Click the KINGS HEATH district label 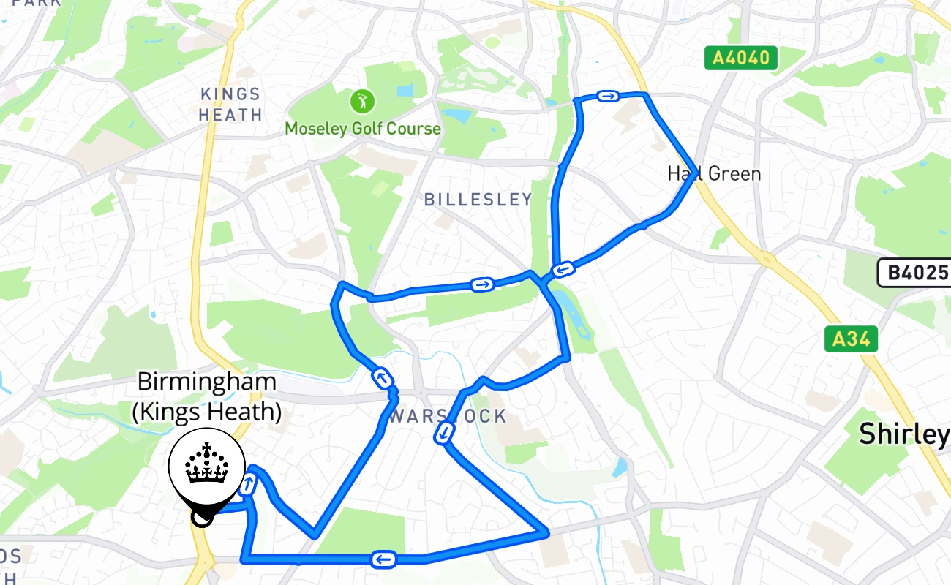230,105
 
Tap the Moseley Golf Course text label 363,129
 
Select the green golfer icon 361,102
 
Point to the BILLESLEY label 478,200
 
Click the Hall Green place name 714,174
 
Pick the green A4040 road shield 741,58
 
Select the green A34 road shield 851,339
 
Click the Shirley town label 904,434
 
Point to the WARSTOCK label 448,417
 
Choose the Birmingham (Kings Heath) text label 207,397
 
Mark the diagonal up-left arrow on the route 382,379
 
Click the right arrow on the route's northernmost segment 608,96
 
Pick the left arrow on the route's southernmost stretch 383,560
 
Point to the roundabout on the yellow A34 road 766,258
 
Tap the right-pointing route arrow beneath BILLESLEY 481,284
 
